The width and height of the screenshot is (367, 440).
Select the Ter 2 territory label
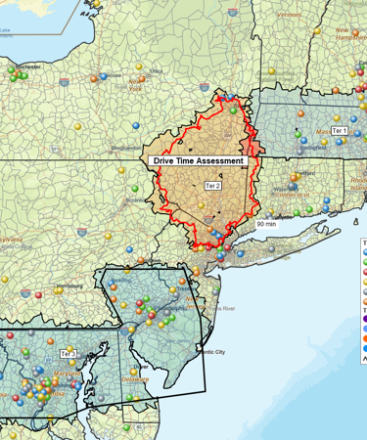212,185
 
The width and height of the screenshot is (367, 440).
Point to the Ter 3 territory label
68,354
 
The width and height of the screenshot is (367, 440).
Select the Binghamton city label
126,148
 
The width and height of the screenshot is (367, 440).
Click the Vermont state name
289,16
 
